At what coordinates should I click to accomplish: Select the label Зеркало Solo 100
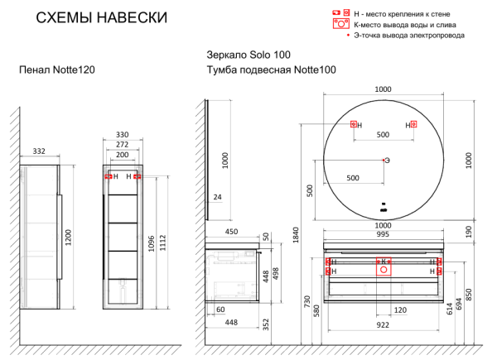249,55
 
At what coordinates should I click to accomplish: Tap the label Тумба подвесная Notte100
271,71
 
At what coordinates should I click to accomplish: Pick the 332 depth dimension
39,151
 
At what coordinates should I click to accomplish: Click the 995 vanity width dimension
383,235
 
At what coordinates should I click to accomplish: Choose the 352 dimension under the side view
265,324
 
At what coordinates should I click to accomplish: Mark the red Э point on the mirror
383,159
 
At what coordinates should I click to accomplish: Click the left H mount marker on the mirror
355,125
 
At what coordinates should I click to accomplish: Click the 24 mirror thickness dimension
217,196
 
